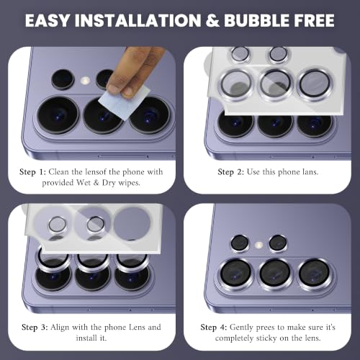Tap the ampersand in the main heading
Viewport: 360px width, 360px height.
[212, 21]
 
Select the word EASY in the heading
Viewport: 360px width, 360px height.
[48, 21]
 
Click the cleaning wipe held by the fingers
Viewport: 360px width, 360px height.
[124, 103]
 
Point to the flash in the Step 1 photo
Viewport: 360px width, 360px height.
[85, 81]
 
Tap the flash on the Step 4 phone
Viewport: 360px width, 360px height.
[258, 245]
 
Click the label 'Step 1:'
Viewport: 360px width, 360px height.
[32, 172]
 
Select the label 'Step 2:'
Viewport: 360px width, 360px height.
[230, 172]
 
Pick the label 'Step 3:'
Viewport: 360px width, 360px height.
[35, 328]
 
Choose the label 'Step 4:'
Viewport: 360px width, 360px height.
[214, 328]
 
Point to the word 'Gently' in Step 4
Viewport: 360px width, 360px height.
[240, 328]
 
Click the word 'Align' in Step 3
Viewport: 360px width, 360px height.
[60, 328]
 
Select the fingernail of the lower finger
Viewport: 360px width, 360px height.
[127, 91]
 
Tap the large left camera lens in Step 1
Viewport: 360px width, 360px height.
[58, 114]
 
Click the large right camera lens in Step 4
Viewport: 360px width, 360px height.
[314, 274]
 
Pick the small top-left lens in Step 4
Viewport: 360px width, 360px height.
[239, 243]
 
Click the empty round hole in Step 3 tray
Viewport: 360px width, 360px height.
[132, 222]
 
